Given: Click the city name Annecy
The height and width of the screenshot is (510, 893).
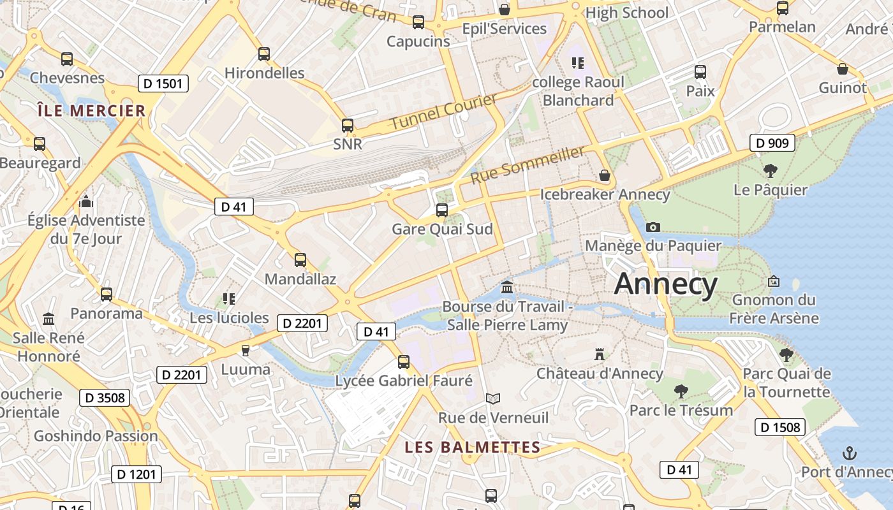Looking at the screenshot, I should (x=665, y=284).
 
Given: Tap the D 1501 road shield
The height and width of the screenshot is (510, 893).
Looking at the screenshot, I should (x=163, y=83).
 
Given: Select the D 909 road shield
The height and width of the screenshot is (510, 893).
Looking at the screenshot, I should (x=772, y=143).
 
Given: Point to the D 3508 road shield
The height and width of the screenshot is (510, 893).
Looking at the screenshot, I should (x=105, y=398).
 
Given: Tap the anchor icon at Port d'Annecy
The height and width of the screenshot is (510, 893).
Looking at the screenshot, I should (x=849, y=453).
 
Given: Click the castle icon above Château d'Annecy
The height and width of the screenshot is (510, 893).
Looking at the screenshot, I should (x=599, y=354).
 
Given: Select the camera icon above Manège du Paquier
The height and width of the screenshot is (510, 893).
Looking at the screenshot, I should (x=653, y=227).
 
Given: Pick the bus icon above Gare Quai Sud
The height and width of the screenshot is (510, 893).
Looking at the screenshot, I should (x=441, y=210).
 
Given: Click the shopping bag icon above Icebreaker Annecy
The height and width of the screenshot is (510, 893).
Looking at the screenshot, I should (x=604, y=175).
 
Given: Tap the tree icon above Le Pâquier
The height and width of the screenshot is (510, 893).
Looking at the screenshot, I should (x=771, y=170).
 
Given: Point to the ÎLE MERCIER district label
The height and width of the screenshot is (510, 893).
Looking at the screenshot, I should (x=92, y=111).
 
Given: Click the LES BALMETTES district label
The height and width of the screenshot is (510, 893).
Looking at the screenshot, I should (x=473, y=448).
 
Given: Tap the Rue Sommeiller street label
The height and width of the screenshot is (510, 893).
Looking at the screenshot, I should (x=528, y=164).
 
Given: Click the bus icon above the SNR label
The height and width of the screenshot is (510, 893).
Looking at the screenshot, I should (x=348, y=126).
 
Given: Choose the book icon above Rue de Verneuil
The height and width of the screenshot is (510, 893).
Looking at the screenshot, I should (x=492, y=398).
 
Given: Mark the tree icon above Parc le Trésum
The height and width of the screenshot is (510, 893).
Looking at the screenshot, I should (x=681, y=390).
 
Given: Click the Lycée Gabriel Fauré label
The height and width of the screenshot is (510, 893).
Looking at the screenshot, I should (x=404, y=381).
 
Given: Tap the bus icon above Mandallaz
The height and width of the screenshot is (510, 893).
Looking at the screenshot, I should (x=300, y=260).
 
